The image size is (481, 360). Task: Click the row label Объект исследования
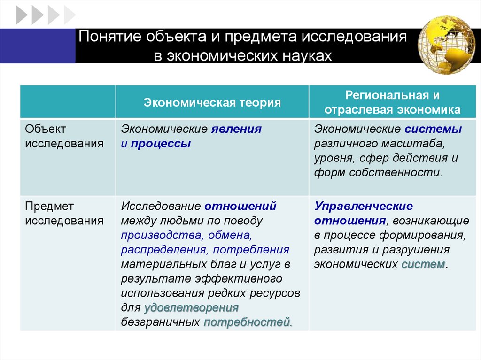[64, 136]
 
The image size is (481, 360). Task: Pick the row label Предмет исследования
[64, 214]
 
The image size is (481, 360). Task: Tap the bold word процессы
[161, 144]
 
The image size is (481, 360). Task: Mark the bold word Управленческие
[364, 206]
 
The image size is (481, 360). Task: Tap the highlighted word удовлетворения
[192, 308]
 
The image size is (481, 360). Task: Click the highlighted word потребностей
[248, 322]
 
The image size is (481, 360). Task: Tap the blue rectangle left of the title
[38, 46]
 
